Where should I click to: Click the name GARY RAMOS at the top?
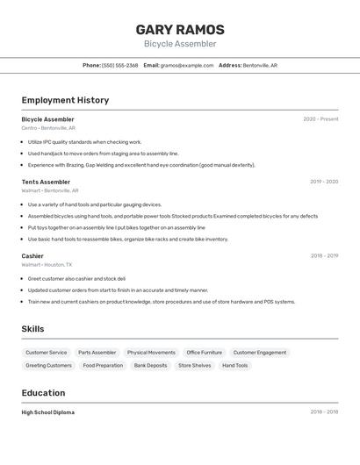180,30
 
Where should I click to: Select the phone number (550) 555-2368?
119,65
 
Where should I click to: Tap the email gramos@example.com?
187,65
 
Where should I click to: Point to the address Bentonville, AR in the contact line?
260,65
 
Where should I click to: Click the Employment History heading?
65,100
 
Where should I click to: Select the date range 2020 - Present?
320,119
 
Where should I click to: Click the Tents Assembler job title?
46,182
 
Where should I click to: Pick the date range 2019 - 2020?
324,182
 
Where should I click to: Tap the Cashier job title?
32,256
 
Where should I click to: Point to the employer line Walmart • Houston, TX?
47,264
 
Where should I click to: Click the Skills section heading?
33,329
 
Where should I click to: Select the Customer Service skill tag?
46,353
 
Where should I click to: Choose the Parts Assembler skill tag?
97,353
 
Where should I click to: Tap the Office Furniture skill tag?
204,353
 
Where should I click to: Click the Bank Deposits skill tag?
150,365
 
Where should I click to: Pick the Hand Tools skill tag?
234,365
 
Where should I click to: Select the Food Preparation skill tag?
103,365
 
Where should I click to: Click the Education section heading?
43,393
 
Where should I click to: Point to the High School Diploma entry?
48,412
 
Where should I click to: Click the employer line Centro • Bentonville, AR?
48,128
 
